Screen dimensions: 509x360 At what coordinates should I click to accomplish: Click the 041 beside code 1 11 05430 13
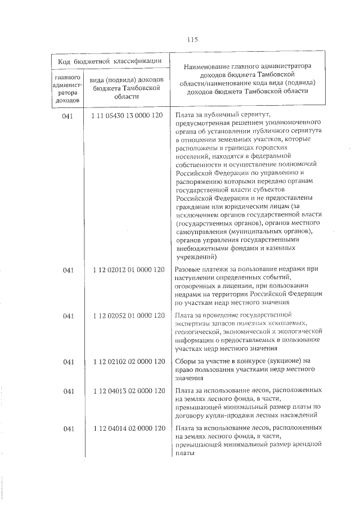pos(69,115)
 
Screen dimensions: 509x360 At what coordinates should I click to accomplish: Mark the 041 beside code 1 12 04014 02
pos(69,429)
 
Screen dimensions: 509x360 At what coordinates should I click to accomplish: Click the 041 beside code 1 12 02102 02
pos(69,361)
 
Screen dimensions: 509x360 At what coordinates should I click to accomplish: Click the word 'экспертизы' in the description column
pos(195,324)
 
